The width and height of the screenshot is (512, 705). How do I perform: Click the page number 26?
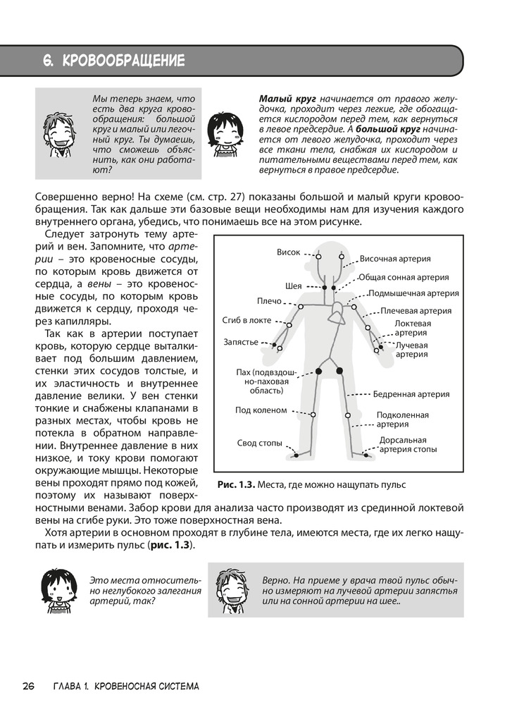pyautogui.click(x=29, y=686)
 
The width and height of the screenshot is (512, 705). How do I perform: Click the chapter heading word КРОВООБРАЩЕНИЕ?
pyautogui.click(x=123, y=61)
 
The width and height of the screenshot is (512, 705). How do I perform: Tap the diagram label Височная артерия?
pyautogui.click(x=395, y=259)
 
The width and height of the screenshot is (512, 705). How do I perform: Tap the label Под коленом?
pyautogui.click(x=261, y=410)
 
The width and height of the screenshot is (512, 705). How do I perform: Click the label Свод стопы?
pyautogui.click(x=259, y=443)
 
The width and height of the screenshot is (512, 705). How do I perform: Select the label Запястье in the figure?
pyautogui.click(x=242, y=342)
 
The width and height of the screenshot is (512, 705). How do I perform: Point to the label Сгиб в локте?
pyautogui.click(x=246, y=321)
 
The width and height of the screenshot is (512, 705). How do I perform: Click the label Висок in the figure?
pyautogui.click(x=288, y=252)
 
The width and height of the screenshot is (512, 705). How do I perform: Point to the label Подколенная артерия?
pyautogui.click(x=402, y=419)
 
